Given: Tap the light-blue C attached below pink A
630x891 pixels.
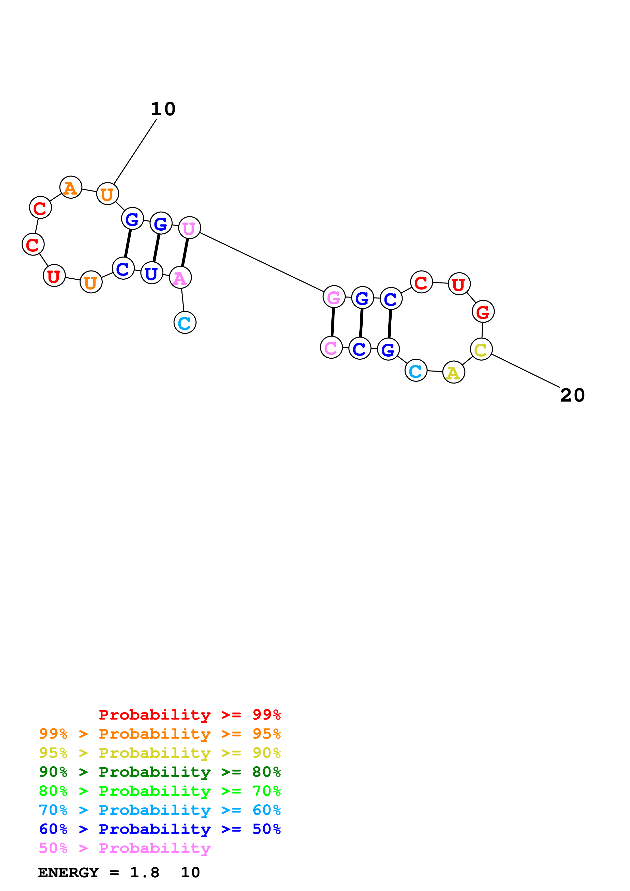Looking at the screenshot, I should tap(185, 323).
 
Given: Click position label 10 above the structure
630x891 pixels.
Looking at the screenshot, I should tap(163, 109).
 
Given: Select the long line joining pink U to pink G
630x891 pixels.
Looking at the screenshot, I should tap(262, 262).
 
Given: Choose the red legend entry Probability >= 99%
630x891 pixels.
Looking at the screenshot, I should tap(189, 715).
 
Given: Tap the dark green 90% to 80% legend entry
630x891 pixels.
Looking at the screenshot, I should tap(160, 772).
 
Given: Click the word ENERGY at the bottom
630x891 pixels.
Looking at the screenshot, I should tap(68, 872).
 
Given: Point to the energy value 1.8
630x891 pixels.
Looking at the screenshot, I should tap(144, 872).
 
